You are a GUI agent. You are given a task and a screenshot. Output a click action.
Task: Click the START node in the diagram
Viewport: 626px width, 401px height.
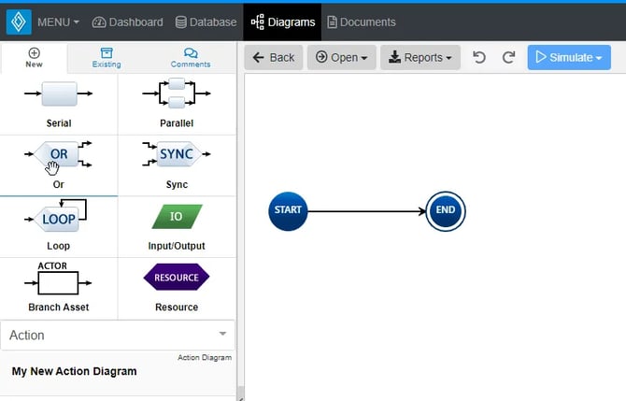pos(288,210)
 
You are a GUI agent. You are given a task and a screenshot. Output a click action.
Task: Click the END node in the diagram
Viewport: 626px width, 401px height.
pos(445,210)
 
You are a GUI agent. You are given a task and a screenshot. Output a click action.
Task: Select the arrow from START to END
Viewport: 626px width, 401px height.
pos(365,211)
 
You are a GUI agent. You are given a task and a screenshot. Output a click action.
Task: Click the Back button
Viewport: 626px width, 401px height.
pos(273,58)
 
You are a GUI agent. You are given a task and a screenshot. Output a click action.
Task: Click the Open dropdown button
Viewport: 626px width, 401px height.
pos(341,58)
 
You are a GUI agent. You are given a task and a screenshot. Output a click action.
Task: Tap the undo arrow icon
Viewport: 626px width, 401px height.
pos(479,58)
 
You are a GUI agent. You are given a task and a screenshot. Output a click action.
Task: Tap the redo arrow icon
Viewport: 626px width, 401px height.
pos(508,58)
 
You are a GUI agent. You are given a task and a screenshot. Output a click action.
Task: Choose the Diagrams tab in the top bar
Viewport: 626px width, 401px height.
pos(282,21)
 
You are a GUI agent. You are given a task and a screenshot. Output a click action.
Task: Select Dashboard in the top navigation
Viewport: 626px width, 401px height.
pos(127,21)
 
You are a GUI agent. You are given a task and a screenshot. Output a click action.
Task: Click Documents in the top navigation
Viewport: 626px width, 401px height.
pos(361,21)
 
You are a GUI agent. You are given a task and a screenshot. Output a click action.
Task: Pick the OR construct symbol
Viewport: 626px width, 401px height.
pos(58,154)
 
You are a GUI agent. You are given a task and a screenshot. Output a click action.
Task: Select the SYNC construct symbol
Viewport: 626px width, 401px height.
pos(176,154)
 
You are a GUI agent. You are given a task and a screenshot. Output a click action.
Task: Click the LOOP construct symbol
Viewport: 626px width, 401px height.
pos(58,218)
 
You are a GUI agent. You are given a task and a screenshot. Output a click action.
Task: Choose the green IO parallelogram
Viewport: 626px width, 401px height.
pos(176,217)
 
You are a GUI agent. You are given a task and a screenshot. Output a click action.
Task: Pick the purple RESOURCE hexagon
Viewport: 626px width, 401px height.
pos(176,278)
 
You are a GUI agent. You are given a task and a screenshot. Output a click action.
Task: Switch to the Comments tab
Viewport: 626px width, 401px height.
pos(191,58)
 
